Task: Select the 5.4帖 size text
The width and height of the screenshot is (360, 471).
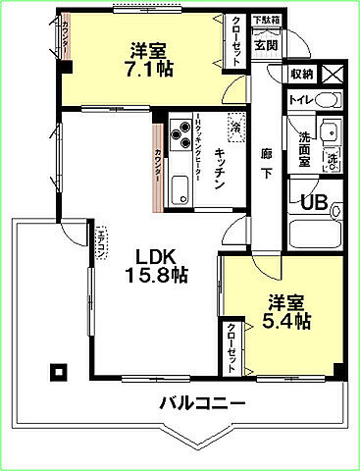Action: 287,321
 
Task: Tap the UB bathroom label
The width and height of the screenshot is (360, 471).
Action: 314,203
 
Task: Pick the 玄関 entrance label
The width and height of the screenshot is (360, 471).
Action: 265,44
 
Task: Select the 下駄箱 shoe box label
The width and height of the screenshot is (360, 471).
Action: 265,21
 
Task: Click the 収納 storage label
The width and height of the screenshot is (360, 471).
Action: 301,74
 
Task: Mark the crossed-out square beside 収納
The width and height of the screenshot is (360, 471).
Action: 332,74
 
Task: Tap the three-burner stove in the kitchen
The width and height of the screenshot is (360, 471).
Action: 182,134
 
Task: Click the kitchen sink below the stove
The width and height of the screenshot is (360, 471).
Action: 180,188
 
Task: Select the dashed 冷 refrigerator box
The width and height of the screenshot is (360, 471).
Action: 235,126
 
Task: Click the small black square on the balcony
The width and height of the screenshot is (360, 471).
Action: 58,371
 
